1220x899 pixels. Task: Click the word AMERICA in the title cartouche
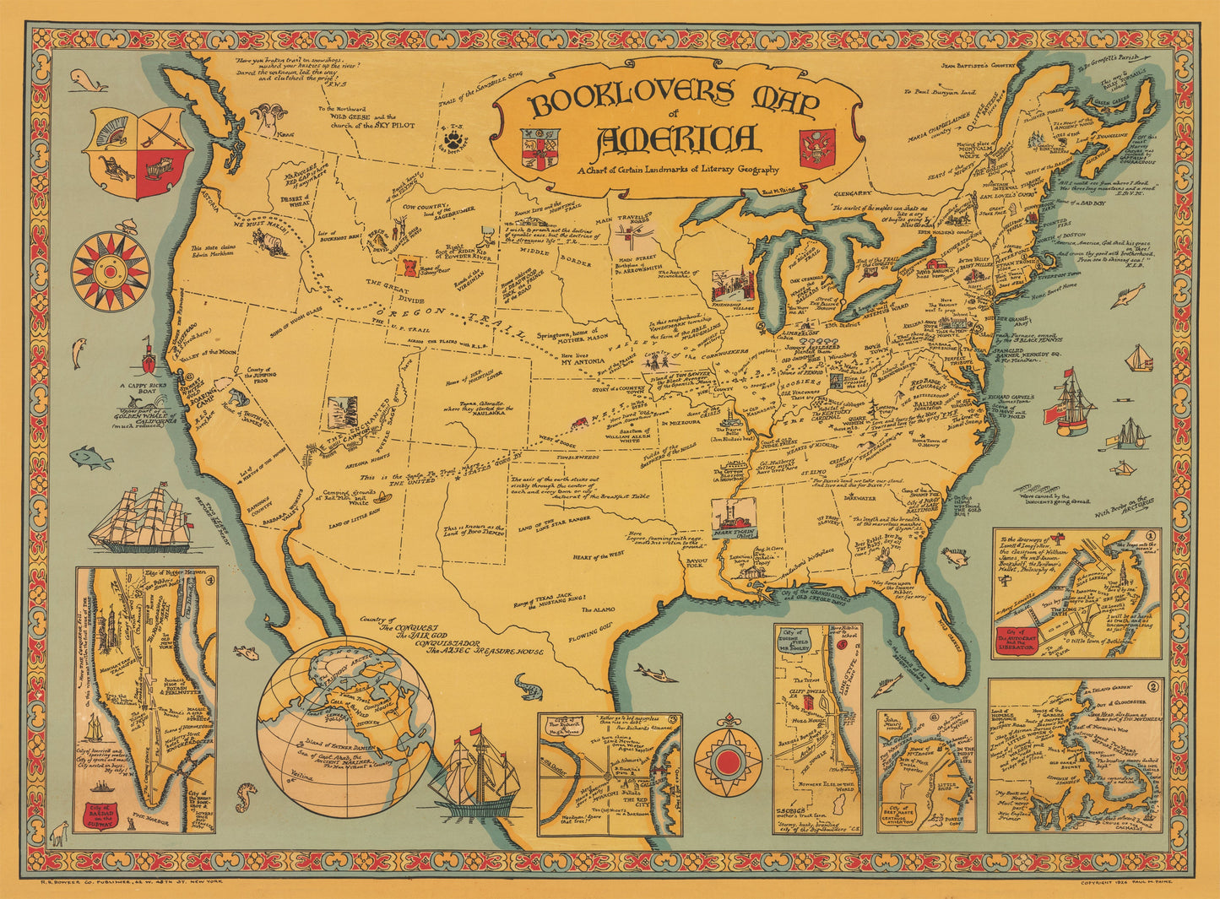point(675,139)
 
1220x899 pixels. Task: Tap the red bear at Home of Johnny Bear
point(408,263)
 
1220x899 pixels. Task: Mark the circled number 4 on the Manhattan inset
point(211,579)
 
